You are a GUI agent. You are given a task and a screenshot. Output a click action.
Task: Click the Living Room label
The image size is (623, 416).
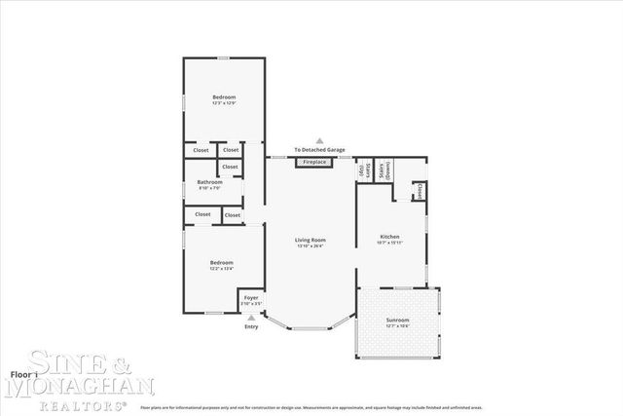311,240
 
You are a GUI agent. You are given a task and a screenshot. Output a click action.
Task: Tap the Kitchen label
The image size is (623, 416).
390,237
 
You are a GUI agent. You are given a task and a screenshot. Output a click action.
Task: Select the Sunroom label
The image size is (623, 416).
397,320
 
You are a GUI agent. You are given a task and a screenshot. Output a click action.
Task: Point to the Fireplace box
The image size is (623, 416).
314,162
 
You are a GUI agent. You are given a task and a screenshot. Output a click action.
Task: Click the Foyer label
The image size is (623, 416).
251,296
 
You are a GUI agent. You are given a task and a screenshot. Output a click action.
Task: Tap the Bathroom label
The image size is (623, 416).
210,181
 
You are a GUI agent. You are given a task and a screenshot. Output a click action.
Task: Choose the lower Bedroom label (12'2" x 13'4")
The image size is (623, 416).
223,262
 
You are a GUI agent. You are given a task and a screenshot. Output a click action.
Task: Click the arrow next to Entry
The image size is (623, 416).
251,317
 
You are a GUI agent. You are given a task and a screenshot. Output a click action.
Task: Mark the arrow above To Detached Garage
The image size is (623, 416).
319,142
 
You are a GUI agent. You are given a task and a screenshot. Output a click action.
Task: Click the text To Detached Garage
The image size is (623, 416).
319,150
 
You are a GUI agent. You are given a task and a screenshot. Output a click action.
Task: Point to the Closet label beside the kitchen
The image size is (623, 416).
420,190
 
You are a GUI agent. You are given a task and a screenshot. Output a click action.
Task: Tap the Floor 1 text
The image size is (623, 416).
23,374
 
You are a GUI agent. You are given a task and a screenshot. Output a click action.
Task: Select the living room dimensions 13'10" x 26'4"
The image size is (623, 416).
311,246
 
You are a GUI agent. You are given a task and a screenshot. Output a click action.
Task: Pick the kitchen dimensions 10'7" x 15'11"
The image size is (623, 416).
390,243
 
